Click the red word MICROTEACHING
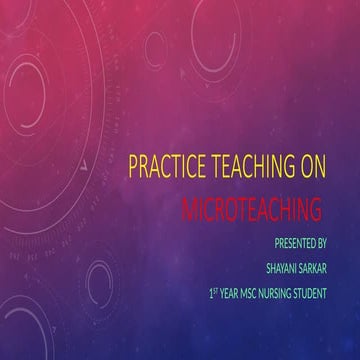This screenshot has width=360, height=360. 252,210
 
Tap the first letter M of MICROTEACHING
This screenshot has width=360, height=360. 191,210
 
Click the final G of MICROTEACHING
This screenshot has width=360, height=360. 314,210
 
